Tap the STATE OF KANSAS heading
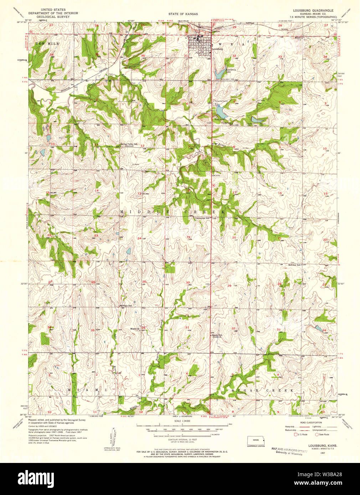click(183, 14)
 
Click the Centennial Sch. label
click(202, 218)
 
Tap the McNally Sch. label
click(125, 306)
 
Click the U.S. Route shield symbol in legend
click(295, 434)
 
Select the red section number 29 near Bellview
click(229, 286)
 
